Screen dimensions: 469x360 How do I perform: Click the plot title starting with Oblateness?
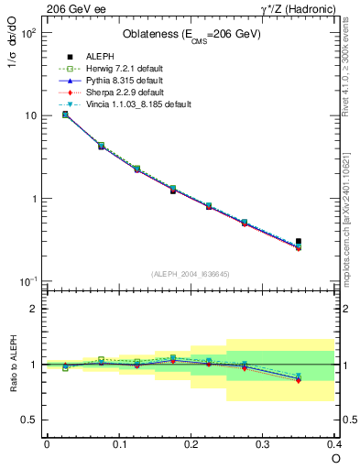[x=191, y=35]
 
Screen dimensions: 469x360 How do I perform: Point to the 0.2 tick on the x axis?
[x=191, y=443]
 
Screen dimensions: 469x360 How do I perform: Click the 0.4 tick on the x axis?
[x=333, y=443]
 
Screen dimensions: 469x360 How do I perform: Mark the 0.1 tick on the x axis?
[x=118, y=443]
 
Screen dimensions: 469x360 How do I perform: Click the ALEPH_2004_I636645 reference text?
[x=190, y=274]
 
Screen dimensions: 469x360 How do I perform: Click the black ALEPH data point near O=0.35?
[x=299, y=242]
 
